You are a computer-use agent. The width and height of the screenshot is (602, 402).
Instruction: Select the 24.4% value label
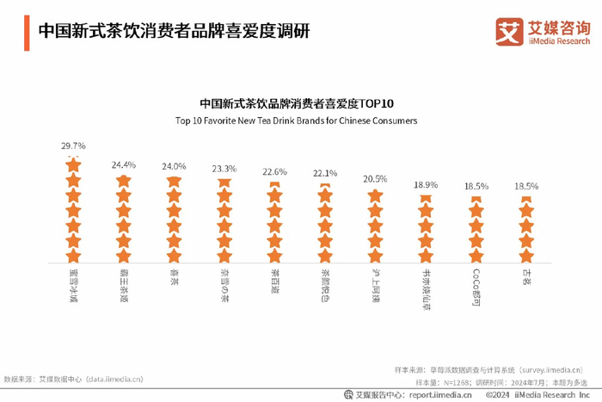pos(124,164)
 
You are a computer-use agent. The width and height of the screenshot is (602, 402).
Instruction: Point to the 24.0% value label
pos(174,166)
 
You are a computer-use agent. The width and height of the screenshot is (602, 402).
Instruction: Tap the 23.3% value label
pos(224,169)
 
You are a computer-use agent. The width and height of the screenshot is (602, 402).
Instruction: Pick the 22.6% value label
pos(274,171)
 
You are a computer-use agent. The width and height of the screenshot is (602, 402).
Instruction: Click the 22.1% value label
pos(324,174)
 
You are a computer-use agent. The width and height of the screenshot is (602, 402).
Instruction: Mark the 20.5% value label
pos(375,179)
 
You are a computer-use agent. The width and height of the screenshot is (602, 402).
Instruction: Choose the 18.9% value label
pos(425,185)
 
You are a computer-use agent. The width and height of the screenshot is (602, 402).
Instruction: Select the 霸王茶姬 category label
pos(124,281)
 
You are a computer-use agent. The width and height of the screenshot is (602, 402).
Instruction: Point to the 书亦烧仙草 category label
pos(425,285)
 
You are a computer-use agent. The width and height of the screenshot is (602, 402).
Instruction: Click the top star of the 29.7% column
pos(73,164)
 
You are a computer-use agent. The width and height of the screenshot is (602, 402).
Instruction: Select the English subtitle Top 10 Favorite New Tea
pos(296,121)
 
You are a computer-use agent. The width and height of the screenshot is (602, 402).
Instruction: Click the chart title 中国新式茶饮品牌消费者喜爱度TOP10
pos(296,102)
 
